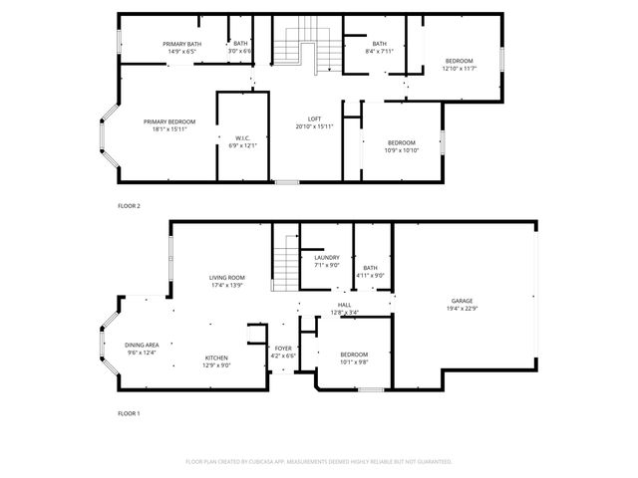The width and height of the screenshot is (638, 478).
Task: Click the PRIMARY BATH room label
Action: coord(182,43)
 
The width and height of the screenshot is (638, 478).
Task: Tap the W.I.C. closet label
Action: coord(241,138)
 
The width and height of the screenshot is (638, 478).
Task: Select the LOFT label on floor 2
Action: coord(314,119)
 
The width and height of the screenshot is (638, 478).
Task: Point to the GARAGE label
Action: coord(462,301)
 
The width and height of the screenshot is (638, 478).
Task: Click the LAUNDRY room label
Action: coord(327,258)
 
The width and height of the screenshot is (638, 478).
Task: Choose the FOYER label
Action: coord(284,349)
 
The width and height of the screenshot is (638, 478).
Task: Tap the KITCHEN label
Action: coord(217,358)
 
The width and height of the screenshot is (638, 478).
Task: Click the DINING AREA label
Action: coord(143,345)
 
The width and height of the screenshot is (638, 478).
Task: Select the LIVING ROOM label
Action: coord(227,278)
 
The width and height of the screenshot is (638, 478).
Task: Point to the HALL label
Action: coord(344,305)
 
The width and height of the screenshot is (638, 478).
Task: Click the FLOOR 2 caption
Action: coord(130,205)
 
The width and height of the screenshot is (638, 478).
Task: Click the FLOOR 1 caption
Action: coord(130,412)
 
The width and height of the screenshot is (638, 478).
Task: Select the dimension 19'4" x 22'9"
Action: coord(462,308)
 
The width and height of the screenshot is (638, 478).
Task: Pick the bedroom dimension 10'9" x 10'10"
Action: coord(402,150)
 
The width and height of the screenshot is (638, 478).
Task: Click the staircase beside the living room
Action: coord(285,260)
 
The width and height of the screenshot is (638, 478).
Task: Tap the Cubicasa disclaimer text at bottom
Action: coord(319,461)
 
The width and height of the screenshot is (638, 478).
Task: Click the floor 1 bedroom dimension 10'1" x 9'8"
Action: coord(354,361)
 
